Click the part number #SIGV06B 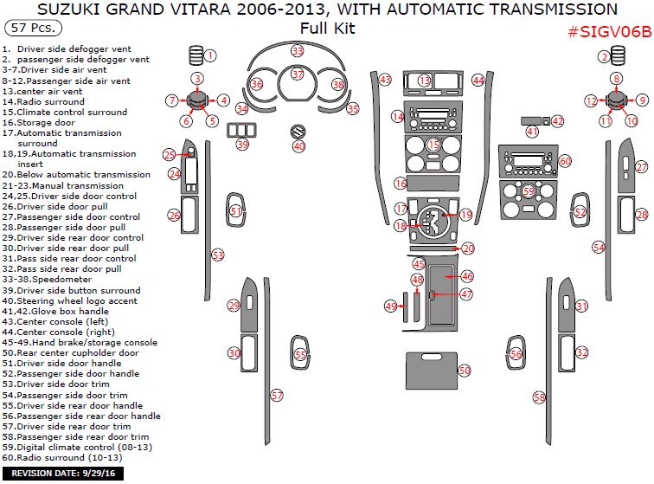click(x=608, y=31)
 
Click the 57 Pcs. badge click(x=30, y=29)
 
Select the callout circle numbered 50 click(x=465, y=370)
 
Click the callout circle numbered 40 click(x=298, y=146)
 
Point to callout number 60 click(x=565, y=161)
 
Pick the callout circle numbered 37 click(x=298, y=74)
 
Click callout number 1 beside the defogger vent click(x=210, y=56)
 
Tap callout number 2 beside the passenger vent click(x=603, y=57)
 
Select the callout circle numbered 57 click(x=277, y=395)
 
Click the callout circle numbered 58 click(x=539, y=397)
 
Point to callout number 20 click(x=468, y=248)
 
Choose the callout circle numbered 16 click(x=400, y=184)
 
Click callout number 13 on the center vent click(x=424, y=81)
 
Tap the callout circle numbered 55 click(x=299, y=354)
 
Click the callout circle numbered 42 click(x=557, y=121)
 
